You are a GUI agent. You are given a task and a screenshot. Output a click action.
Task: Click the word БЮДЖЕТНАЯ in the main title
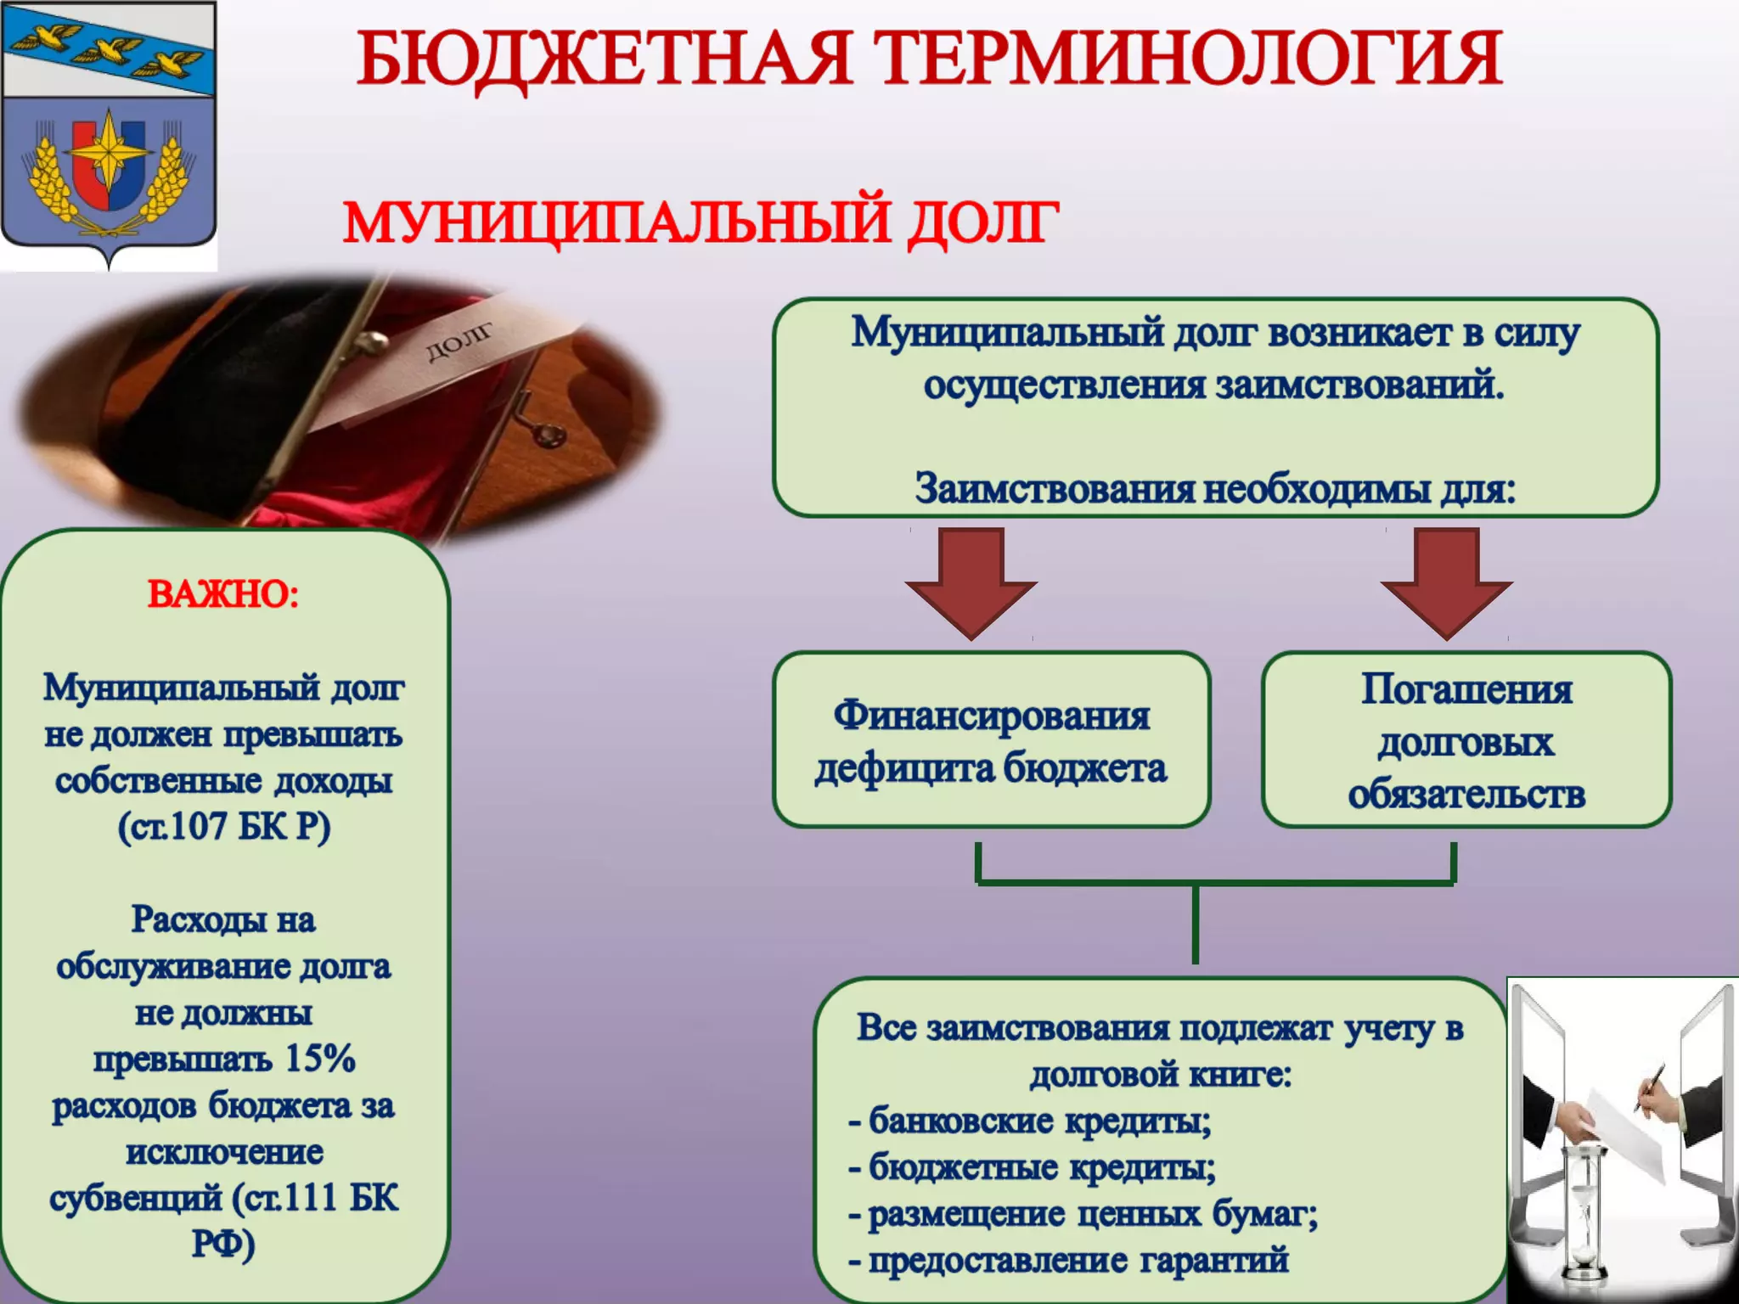coord(604,59)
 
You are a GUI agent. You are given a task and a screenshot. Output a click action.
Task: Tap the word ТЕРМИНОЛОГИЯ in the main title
coord(1189,59)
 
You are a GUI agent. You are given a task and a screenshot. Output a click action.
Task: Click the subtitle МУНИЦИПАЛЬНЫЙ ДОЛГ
coord(701,222)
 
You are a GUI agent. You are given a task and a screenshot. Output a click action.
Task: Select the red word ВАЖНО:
coord(223,593)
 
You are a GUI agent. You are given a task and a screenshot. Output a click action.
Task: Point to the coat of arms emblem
coord(109,136)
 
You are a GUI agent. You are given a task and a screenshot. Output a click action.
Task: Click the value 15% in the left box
coord(320,1059)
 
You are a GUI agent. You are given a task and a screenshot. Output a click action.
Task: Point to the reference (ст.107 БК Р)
coord(224,826)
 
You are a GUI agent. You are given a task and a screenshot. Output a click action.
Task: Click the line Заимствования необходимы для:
coord(1215,489)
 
